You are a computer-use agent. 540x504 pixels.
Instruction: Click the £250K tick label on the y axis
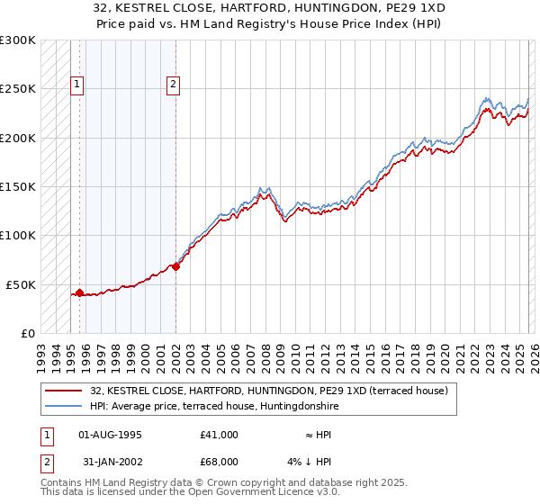[x=18, y=89]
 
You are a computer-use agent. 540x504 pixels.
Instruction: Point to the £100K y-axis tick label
[x=18, y=236]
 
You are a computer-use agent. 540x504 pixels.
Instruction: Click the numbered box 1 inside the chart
[x=77, y=85]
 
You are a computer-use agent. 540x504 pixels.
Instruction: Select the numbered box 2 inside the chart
[x=173, y=85]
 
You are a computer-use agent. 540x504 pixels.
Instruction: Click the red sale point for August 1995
[x=79, y=292]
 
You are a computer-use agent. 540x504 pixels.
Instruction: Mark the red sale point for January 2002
[x=175, y=266]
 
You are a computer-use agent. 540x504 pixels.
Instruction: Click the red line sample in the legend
[x=64, y=391]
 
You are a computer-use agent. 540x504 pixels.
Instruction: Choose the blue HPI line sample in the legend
[x=64, y=406]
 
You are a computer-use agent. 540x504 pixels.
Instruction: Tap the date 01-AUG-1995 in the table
[x=110, y=435]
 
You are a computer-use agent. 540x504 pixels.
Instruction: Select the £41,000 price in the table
[x=219, y=435]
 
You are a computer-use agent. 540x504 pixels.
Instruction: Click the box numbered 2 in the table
[x=47, y=461]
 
